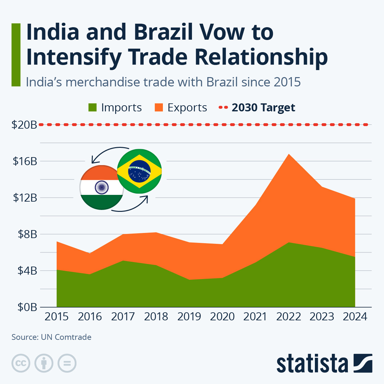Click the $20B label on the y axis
(24, 124)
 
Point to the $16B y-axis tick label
(25, 161)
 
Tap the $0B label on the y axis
(28, 307)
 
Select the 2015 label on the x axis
(57, 316)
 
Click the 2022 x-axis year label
(289, 316)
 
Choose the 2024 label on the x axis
(355, 316)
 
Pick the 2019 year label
(189, 316)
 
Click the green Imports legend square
(92, 108)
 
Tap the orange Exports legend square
(159, 108)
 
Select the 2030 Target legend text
(263, 108)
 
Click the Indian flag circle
(102, 188)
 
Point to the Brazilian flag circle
(140, 171)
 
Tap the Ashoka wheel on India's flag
(101, 188)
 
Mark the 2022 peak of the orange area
(289, 155)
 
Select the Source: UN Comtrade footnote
(52, 337)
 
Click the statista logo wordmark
(312, 364)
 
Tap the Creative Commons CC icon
(21, 363)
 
